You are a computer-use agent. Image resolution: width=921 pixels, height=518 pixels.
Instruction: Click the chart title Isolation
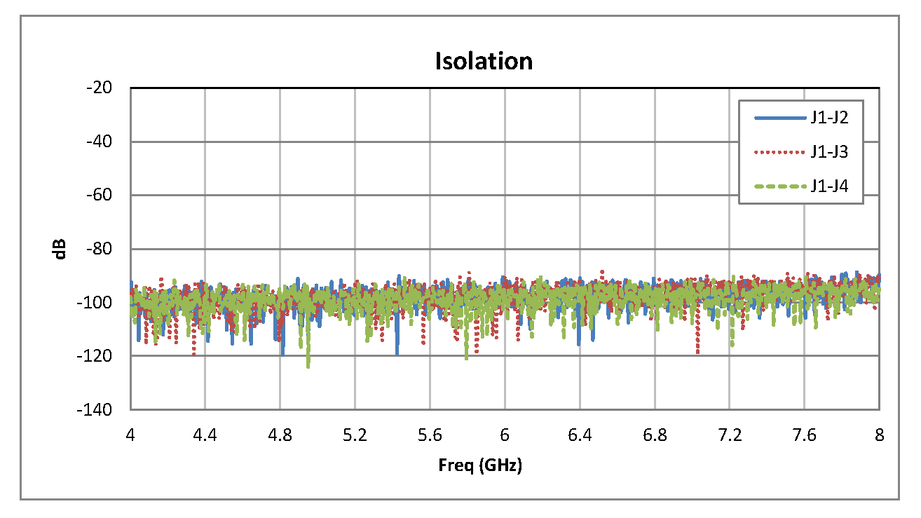coord(484,61)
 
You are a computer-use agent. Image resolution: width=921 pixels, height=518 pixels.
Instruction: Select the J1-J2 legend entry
coord(829,118)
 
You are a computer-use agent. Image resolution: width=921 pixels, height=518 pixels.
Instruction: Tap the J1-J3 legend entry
coord(829,151)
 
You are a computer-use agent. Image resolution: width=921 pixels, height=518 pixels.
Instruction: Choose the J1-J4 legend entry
coord(829,186)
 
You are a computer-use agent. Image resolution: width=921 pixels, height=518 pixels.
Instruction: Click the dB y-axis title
coord(61,249)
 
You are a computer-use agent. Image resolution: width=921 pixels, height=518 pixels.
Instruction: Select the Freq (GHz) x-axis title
coord(480,465)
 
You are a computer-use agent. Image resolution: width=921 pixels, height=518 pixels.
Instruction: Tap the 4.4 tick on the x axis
coord(205,435)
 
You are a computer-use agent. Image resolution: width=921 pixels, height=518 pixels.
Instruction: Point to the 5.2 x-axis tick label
coord(355,435)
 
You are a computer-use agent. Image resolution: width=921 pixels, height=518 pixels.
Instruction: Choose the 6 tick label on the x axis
coord(505,435)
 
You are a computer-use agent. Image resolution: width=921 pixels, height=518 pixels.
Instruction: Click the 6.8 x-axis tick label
coord(655,435)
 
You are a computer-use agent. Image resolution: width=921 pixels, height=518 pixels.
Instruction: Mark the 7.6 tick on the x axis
coord(805,435)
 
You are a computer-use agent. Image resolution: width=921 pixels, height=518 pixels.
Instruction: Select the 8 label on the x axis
coord(879,435)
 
